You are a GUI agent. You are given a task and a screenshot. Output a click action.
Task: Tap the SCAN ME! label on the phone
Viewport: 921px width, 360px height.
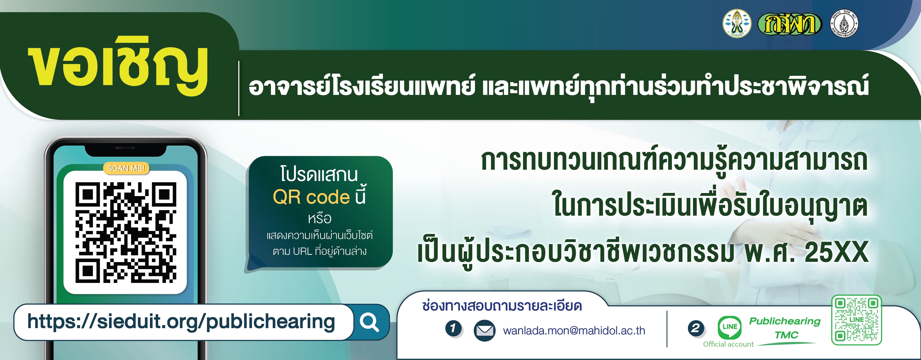coord(126,168)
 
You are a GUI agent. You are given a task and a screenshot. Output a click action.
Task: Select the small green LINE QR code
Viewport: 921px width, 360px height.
coord(856,320)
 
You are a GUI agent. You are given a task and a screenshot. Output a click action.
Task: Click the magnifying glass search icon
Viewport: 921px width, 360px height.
coord(369,322)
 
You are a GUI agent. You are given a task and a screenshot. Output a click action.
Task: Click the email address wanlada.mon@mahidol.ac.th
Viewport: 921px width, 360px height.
coord(574,331)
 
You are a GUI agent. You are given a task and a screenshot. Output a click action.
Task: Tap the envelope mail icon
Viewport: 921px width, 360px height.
coord(484,331)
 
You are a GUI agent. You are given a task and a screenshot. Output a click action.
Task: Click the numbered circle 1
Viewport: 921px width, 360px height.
coord(453,328)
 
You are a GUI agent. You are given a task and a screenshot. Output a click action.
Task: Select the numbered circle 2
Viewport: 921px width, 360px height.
coord(696,328)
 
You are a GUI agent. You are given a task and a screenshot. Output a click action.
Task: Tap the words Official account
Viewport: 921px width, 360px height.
coord(728,344)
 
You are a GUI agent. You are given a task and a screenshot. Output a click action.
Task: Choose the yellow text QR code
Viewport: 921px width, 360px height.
coord(311,197)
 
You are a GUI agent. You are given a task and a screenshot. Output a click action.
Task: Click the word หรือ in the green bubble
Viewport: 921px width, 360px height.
coord(319,218)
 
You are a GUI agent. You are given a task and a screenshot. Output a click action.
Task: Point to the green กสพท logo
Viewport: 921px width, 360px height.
coord(790,24)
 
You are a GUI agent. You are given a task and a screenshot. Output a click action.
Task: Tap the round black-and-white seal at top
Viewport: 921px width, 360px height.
coord(844,24)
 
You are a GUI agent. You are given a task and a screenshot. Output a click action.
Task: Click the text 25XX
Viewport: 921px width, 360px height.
coord(836,252)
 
